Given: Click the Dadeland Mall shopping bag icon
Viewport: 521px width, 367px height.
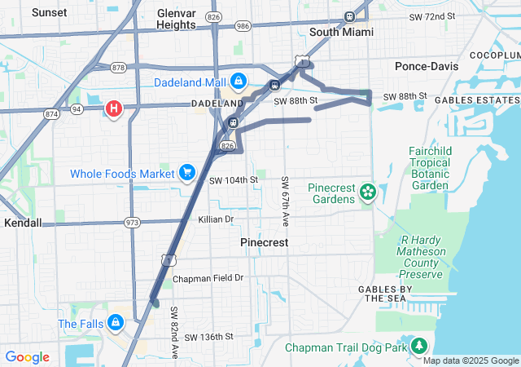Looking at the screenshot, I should [239, 82].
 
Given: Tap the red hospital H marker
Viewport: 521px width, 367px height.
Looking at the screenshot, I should [114, 108].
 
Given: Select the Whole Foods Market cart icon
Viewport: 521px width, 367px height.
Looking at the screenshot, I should [187, 173].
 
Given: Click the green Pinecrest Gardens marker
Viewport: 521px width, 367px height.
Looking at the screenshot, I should [368, 192].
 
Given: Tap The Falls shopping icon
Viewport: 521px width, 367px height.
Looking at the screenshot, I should [116, 323].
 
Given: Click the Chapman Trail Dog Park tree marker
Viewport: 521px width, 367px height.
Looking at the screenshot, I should [419, 347].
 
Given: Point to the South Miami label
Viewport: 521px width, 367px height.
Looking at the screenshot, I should [341, 32].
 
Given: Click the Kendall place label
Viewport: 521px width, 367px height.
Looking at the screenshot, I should [23, 222].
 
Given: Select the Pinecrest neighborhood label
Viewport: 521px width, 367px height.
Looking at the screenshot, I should [265, 242].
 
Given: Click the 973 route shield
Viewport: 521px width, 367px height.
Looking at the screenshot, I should [133, 222].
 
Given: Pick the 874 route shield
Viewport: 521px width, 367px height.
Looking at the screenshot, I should [52, 114].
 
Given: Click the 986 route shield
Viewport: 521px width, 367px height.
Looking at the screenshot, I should [243, 26].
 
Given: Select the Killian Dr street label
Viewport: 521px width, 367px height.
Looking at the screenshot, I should [215, 219].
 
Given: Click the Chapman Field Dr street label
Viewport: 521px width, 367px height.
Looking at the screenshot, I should [208, 278].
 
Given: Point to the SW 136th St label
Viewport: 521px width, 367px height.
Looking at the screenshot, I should [208, 336].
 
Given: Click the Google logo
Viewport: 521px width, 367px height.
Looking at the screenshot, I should [27, 357].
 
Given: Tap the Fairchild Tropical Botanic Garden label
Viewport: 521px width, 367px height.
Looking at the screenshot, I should [431, 169].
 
